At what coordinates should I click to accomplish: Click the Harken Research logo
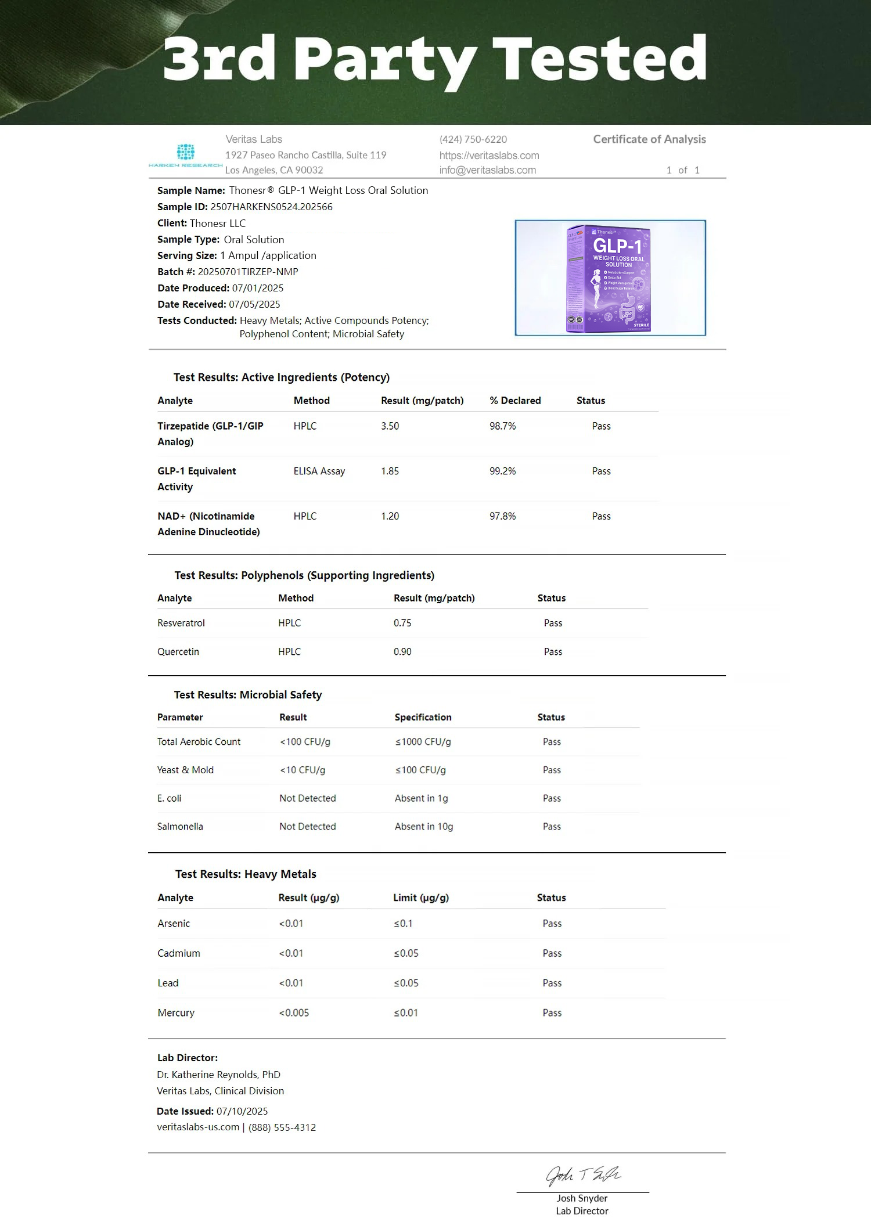(x=185, y=155)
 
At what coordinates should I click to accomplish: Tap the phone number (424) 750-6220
(x=473, y=139)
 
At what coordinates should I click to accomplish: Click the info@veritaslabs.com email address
(x=487, y=170)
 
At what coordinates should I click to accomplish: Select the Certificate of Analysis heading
(x=649, y=139)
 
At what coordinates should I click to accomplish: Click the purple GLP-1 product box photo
(x=609, y=278)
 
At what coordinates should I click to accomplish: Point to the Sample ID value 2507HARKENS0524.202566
(x=271, y=207)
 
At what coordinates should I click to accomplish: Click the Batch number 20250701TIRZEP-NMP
(x=248, y=272)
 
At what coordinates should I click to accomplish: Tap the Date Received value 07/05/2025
(x=254, y=304)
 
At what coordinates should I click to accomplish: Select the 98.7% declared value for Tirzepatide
(x=502, y=426)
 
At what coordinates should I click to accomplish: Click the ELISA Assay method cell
(x=319, y=471)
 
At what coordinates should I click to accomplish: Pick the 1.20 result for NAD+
(x=390, y=516)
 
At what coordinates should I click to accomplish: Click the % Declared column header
(x=515, y=401)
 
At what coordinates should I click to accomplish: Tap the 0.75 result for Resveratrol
(x=402, y=623)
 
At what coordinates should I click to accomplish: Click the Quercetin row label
(x=178, y=651)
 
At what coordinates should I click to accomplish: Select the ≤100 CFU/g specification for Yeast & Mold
(x=420, y=770)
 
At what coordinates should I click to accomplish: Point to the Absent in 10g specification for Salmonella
(x=424, y=826)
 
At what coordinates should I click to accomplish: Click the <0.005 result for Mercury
(x=294, y=1012)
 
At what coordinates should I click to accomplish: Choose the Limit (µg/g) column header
(x=421, y=898)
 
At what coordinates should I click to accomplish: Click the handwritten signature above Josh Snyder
(x=582, y=1175)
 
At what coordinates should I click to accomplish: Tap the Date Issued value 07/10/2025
(x=242, y=1111)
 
